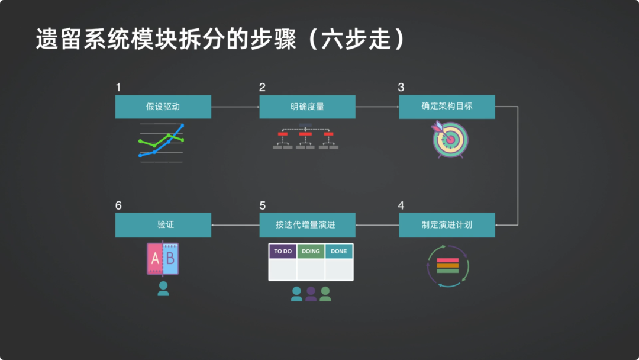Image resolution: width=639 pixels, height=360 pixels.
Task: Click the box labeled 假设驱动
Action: pos(163,107)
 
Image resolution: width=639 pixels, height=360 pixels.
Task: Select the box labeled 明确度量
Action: pos(307,107)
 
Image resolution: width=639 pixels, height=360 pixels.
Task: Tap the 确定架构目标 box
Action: pos(447,107)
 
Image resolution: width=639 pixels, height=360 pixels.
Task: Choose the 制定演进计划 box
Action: pos(447,225)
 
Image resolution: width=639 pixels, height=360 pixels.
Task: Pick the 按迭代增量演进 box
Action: pos(307,225)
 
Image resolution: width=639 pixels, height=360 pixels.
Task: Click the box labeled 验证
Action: pos(163,225)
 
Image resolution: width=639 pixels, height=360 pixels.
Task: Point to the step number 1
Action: pos(118,88)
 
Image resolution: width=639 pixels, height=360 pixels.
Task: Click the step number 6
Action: pos(118,205)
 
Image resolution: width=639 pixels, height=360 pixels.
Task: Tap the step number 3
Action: pos(401,88)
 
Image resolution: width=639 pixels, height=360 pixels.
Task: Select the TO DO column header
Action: pos(283,251)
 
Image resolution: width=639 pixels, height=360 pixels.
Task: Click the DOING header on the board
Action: pos(311,251)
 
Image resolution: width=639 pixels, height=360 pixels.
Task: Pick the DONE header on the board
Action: pos(339,251)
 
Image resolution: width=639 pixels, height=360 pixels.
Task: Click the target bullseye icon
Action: pos(450,140)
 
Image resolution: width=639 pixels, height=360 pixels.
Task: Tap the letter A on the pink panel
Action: pos(155,259)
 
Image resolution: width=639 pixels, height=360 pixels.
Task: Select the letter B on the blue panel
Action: pos(170,259)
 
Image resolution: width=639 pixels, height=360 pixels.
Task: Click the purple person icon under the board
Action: pos(311,294)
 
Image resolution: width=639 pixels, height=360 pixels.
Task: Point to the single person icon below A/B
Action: pos(163,288)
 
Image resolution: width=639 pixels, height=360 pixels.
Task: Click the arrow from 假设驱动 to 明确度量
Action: pos(235,107)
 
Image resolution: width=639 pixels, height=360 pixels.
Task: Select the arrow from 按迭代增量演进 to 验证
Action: pos(235,225)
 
